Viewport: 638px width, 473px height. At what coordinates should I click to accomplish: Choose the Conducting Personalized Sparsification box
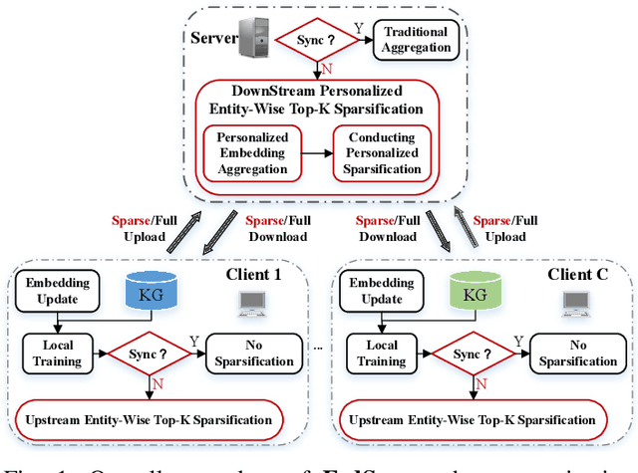(383, 153)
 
